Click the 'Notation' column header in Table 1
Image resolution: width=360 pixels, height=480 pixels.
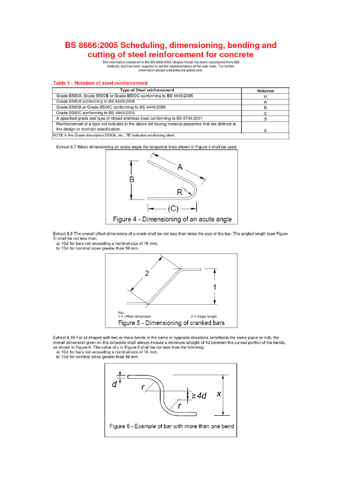[x=265, y=90]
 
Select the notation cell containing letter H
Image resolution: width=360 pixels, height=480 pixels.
[x=265, y=96]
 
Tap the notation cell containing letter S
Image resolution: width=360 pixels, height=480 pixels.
[x=265, y=119]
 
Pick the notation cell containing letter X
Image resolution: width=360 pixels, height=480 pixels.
[x=265, y=131]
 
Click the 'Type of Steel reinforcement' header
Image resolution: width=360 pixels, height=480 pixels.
[x=147, y=90]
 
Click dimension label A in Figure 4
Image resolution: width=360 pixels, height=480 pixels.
[x=180, y=166]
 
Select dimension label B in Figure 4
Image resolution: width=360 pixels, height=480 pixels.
[x=132, y=180]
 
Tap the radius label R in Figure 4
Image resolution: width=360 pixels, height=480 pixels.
[x=180, y=192]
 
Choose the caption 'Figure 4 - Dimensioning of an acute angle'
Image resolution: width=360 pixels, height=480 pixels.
[x=172, y=219]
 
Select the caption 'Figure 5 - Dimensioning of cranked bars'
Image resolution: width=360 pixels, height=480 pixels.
[x=171, y=323]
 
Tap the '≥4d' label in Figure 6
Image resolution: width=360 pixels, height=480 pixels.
[x=199, y=396]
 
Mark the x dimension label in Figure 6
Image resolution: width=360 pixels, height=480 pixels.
[x=218, y=394]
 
